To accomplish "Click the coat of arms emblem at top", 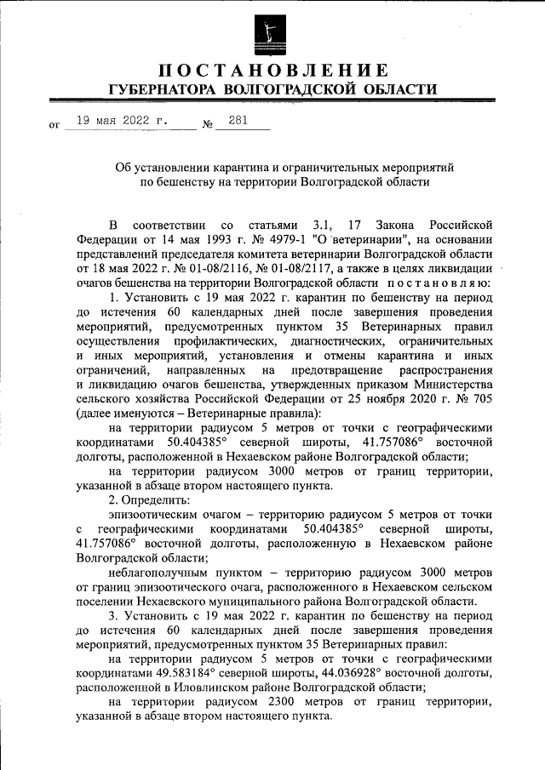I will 272,32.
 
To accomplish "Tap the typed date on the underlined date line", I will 122,121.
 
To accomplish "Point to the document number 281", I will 238,121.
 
